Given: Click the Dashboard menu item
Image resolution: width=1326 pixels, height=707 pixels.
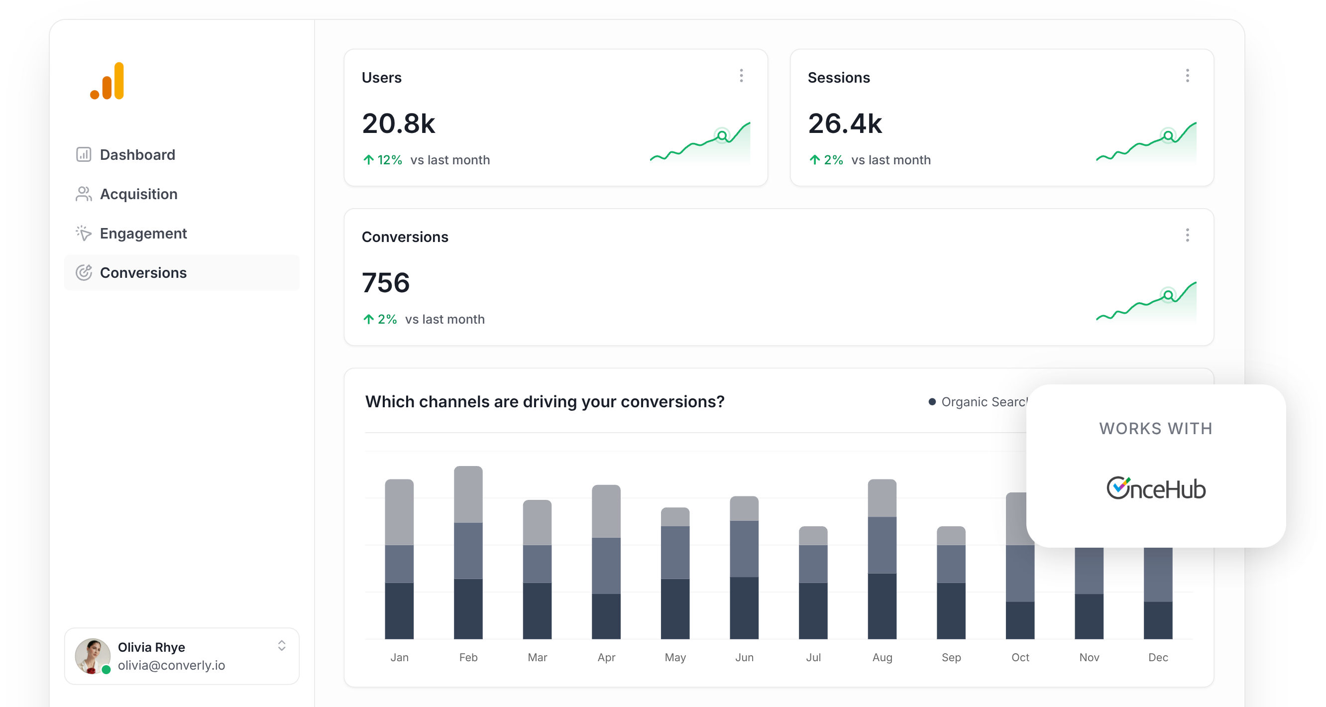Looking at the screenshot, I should pos(137,154).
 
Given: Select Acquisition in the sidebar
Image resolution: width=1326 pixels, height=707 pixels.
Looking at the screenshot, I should pos(138,194).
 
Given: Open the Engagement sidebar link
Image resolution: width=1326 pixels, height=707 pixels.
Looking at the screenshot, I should pos(142,234).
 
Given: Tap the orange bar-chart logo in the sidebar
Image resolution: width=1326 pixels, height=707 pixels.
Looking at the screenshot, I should pos(108,81).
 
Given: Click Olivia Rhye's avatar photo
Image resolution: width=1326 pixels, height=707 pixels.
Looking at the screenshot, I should pos(93,656).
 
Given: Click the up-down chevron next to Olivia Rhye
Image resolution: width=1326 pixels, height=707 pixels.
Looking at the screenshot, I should pos(282,646).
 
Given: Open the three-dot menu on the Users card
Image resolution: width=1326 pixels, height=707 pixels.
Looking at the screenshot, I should pos(741,76).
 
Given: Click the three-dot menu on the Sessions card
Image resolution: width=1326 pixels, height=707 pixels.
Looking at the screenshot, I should pos(1187,76).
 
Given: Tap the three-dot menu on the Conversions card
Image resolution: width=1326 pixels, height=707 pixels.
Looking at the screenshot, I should pos(1187,236).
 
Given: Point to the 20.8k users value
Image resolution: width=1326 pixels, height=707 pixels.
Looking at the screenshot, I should pos(398,123).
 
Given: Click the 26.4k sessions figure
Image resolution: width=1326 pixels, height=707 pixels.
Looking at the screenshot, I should pos(845,123).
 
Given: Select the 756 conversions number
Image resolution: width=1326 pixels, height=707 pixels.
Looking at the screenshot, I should pos(386,283).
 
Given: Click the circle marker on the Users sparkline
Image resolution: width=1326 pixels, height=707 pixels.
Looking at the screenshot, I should pos(722,136).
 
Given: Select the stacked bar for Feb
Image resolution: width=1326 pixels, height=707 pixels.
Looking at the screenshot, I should pos(468,553).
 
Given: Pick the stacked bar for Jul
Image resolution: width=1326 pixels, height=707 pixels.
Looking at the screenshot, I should pos(813,583).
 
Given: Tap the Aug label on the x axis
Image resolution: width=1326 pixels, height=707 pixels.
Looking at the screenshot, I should pos(882,658).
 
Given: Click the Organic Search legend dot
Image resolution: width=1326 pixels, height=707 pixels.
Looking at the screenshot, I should pos(932,402).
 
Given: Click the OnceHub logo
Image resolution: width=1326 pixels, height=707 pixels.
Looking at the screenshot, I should pos(1156,488).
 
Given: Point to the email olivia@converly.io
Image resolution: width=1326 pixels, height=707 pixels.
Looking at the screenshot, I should pos(171,665).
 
